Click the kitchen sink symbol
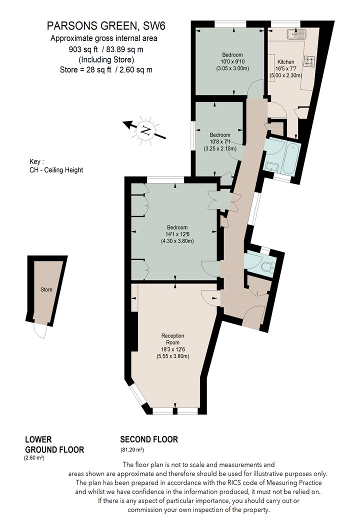(x=296, y=34)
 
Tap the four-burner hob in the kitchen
(x=309, y=61)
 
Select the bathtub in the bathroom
(x=291, y=157)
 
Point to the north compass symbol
(x=144, y=130)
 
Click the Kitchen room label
(x=285, y=62)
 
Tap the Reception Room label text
(x=173, y=339)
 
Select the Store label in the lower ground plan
(x=46, y=289)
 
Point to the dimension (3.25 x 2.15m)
(x=220, y=148)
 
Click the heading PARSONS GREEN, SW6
(x=106, y=26)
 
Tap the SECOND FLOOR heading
(x=149, y=439)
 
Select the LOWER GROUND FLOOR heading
(x=54, y=444)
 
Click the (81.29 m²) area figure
(x=132, y=450)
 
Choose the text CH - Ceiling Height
(x=56, y=170)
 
